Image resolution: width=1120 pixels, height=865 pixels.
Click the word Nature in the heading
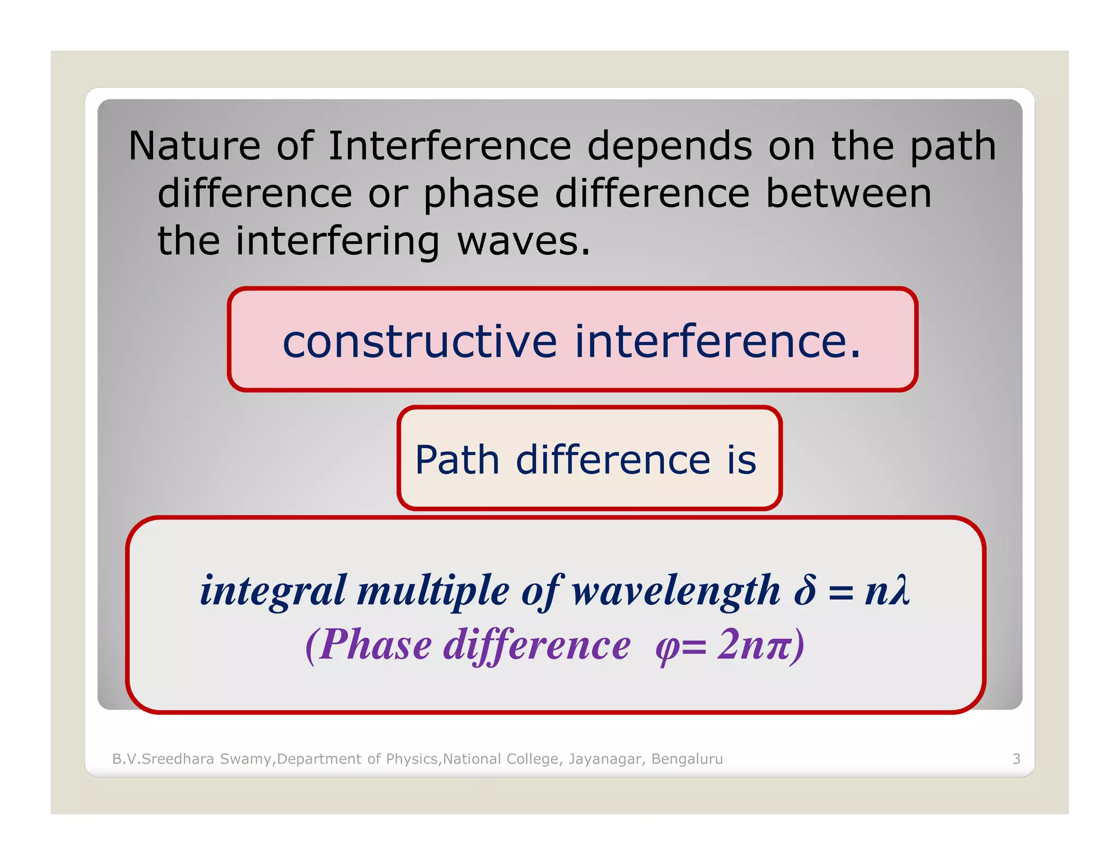tap(194, 146)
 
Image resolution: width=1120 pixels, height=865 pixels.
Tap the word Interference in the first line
tap(450, 146)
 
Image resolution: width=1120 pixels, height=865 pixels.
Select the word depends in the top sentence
tap(669, 147)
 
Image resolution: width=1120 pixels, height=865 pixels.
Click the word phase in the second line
tap(481, 195)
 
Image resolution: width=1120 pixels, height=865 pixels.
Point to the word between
tap(848, 194)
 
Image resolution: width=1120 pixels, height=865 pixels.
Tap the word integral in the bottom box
tap(273, 591)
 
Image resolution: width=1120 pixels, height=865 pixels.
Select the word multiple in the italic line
tap(433, 591)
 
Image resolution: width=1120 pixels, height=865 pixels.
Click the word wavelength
tap(676, 591)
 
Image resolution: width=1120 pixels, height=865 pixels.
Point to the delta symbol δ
tap(804, 590)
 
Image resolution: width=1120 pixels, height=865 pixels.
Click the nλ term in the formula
tap(887, 590)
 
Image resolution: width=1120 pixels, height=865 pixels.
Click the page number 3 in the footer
tap(1016, 759)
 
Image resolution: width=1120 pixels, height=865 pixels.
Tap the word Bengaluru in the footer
tap(687, 759)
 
